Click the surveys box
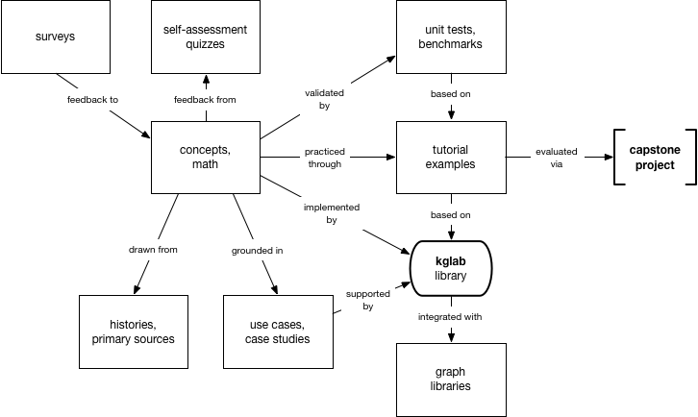point(56,37)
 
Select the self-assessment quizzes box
point(206,37)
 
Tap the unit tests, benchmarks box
point(451,37)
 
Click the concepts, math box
point(206,158)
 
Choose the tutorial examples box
point(451,158)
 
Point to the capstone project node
point(655,158)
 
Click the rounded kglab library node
point(451,268)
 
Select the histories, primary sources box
point(134,332)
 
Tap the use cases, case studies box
point(278,332)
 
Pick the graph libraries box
point(451,380)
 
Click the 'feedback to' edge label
point(92,100)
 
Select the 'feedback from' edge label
point(205,100)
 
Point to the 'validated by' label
point(325,99)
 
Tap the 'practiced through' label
point(325,158)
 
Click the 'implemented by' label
point(332,213)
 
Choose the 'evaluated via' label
point(557,158)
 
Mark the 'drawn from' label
point(153,250)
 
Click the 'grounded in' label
point(258,251)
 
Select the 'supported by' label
point(368,300)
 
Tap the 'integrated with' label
point(450,317)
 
